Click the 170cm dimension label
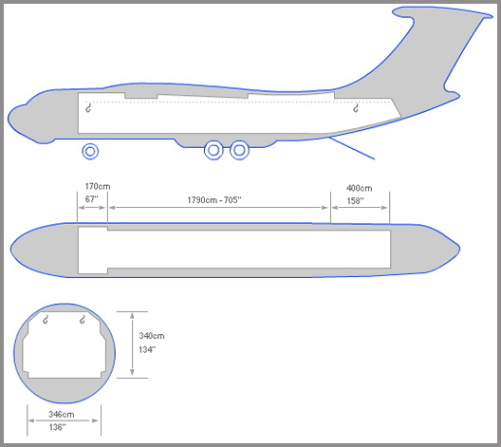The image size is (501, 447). pos(98,186)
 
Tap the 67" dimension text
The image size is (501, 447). pos(91,199)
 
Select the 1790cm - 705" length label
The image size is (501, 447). pos(214,200)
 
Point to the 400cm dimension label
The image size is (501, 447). pos(359,188)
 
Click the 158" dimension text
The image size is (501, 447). pos(355,201)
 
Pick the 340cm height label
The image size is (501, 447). pos(152,336)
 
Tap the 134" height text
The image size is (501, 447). pos(147,350)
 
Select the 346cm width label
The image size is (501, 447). pos(62,415)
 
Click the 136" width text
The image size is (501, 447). pos(58,427)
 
